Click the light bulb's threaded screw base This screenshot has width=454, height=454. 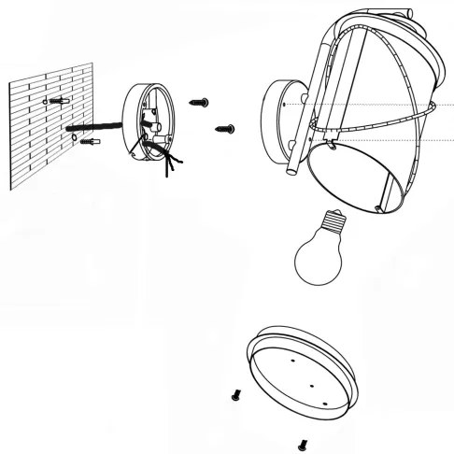(330, 223)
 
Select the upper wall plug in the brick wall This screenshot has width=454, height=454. (63, 99)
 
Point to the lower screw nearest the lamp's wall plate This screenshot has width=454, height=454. (225, 127)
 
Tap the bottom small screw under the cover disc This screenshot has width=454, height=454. (301, 444)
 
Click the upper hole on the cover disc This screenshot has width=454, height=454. (292, 358)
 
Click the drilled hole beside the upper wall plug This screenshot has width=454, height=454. (46, 98)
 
